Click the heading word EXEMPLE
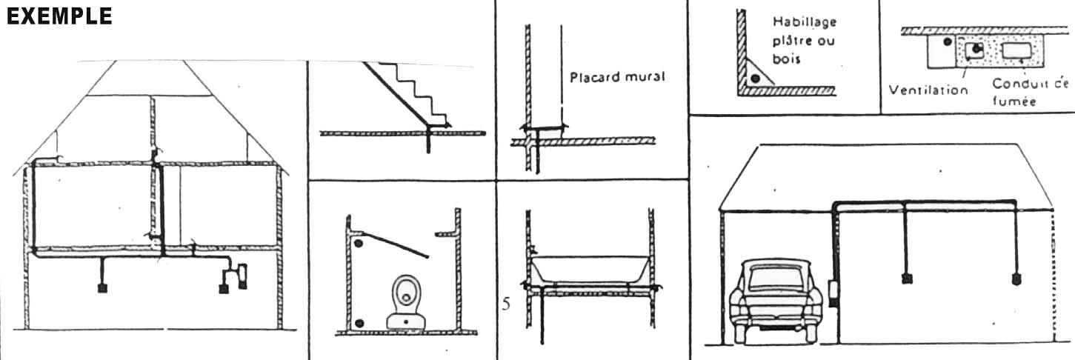click(59, 16)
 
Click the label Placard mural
click(617, 77)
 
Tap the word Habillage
click(805, 21)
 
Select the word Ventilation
click(928, 90)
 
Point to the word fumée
click(1014, 101)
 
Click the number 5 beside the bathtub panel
click(506, 304)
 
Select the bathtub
click(590, 270)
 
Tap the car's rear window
click(776, 279)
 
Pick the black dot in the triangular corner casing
click(756, 79)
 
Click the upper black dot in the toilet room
click(358, 244)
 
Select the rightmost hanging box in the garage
click(1016, 279)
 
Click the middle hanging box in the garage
click(906, 279)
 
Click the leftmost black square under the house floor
click(102, 288)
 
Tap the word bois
click(787, 59)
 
